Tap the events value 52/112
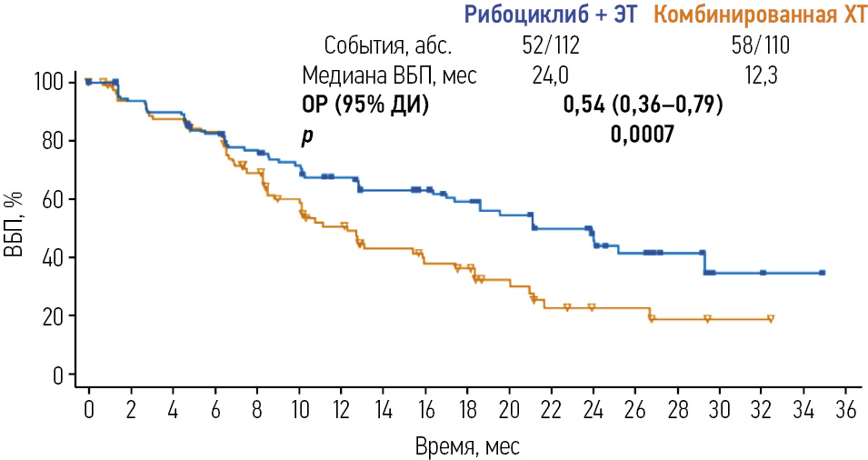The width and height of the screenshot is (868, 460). pyautogui.click(x=551, y=45)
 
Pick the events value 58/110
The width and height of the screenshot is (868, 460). pyautogui.click(x=760, y=45)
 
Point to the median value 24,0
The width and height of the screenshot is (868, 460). pyautogui.click(x=551, y=75)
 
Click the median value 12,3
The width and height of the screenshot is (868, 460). pyautogui.click(x=761, y=75)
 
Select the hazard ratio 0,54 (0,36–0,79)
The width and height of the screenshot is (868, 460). pyautogui.click(x=643, y=105)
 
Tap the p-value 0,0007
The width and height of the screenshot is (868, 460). pyautogui.click(x=642, y=135)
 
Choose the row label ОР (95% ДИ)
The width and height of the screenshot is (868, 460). pyautogui.click(x=365, y=105)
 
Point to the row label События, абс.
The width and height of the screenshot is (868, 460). pyautogui.click(x=387, y=45)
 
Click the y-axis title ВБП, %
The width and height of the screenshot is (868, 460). pyautogui.click(x=15, y=227)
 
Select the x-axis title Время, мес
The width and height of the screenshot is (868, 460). pyautogui.click(x=466, y=445)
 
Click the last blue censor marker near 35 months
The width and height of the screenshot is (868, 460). pyautogui.click(x=822, y=273)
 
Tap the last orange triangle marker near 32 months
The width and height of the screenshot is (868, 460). pyautogui.click(x=771, y=319)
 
